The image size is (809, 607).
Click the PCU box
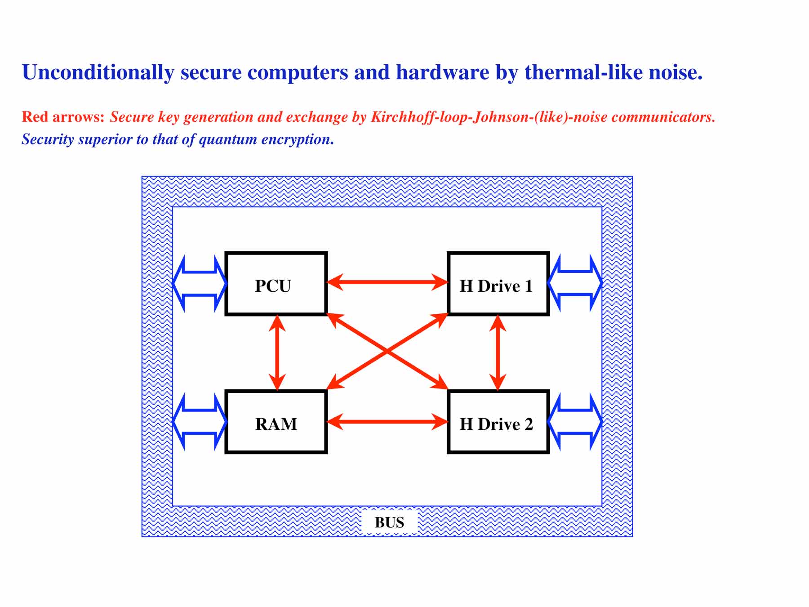[276, 284]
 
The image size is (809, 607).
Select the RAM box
[276, 422]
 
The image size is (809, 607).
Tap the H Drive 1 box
[498, 284]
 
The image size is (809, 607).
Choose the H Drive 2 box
[498, 422]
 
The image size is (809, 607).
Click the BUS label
[389, 522]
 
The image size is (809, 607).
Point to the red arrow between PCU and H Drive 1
[387, 282]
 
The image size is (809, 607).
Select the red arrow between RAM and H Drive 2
[387, 422]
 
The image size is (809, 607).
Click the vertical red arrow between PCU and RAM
[277, 353]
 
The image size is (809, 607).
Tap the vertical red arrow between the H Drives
[498, 353]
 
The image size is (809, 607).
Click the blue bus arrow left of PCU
[200, 283]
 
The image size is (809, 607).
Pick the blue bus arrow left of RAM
[200, 422]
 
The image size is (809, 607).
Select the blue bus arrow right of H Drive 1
[575, 283]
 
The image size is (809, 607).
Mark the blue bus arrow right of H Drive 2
[575, 422]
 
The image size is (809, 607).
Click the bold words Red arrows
[63, 117]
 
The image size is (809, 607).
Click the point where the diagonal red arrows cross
[387, 352]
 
